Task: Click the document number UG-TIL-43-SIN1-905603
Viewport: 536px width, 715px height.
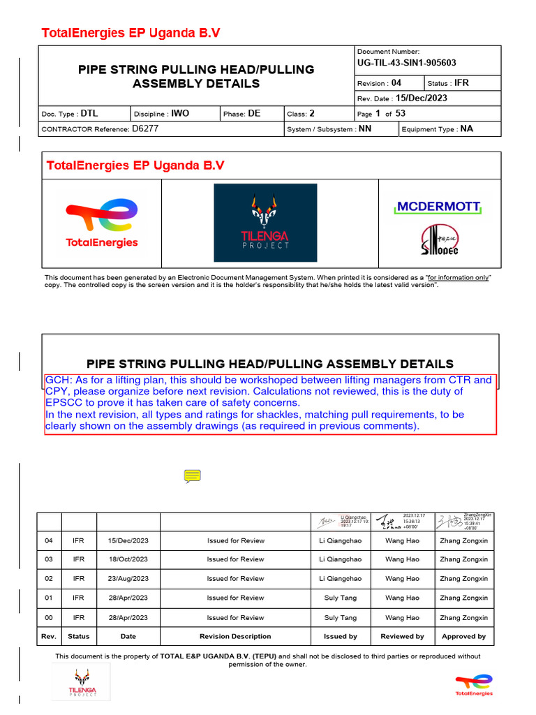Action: click(406, 64)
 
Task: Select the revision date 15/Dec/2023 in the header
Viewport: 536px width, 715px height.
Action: click(422, 98)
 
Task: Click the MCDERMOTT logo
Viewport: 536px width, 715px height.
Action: click(439, 207)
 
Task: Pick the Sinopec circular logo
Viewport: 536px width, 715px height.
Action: click(439, 240)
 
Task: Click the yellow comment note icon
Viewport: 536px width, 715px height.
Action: click(193, 476)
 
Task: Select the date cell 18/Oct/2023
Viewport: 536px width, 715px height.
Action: click(128, 559)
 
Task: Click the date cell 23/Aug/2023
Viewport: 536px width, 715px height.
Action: click(128, 579)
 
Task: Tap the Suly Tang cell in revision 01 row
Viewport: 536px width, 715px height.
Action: click(341, 598)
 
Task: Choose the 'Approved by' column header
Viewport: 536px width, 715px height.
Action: click(463, 637)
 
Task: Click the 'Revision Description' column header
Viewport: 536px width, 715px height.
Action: click(235, 637)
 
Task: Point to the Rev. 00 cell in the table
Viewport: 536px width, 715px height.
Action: click(49, 618)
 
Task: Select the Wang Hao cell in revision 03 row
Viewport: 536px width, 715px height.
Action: click(403, 559)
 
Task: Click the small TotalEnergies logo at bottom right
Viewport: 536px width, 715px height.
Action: click(474, 685)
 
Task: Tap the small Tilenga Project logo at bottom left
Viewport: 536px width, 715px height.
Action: click(82, 682)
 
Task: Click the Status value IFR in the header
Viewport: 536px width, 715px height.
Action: click(461, 82)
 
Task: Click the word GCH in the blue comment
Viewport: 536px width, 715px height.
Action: click(58, 381)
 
